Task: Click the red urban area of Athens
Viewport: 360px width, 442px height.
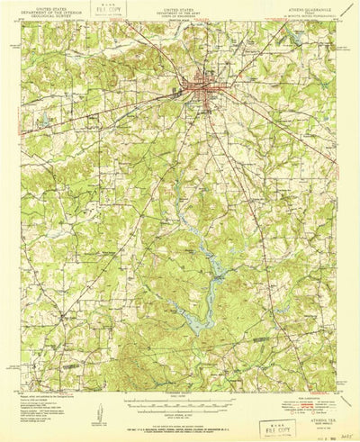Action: click(200, 88)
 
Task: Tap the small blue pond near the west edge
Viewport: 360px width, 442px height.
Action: click(42, 119)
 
